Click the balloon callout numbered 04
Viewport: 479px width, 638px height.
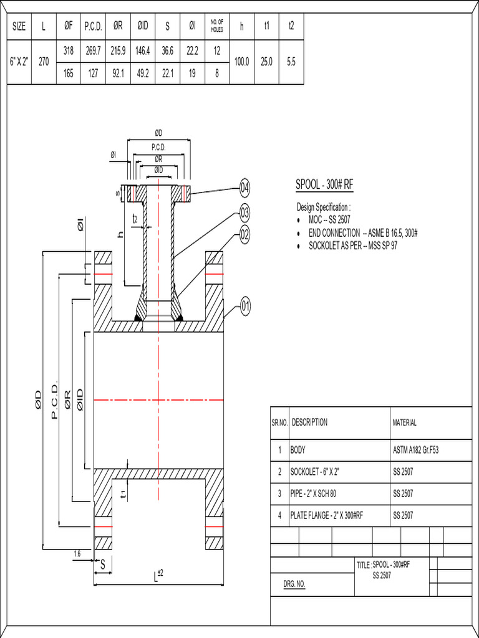(x=245, y=188)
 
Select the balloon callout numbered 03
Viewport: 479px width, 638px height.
(x=245, y=214)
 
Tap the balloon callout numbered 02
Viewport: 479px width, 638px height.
(x=245, y=235)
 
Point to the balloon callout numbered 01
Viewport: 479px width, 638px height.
(x=245, y=306)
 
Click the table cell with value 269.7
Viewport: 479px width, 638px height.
(x=93, y=51)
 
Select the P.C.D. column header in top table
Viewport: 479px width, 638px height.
(x=93, y=27)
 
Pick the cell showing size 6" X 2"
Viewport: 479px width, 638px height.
(x=19, y=62)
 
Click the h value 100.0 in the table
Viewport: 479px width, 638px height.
(x=241, y=62)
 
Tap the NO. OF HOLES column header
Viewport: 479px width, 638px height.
(x=217, y=27)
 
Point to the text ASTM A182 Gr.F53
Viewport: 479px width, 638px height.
(x=416, y=450)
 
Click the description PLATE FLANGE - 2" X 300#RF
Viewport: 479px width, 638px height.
(x=327, y=515)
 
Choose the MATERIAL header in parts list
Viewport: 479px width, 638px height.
(x=405, y=422)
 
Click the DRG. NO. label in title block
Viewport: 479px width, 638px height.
(x=294, y=584)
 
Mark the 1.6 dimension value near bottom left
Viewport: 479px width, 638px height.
(x=77, y=553)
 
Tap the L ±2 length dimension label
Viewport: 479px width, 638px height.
(x=158, y=576)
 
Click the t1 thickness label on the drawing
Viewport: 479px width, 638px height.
(x=123, y=493)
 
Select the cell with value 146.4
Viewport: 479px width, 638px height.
(x=143, y=51)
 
